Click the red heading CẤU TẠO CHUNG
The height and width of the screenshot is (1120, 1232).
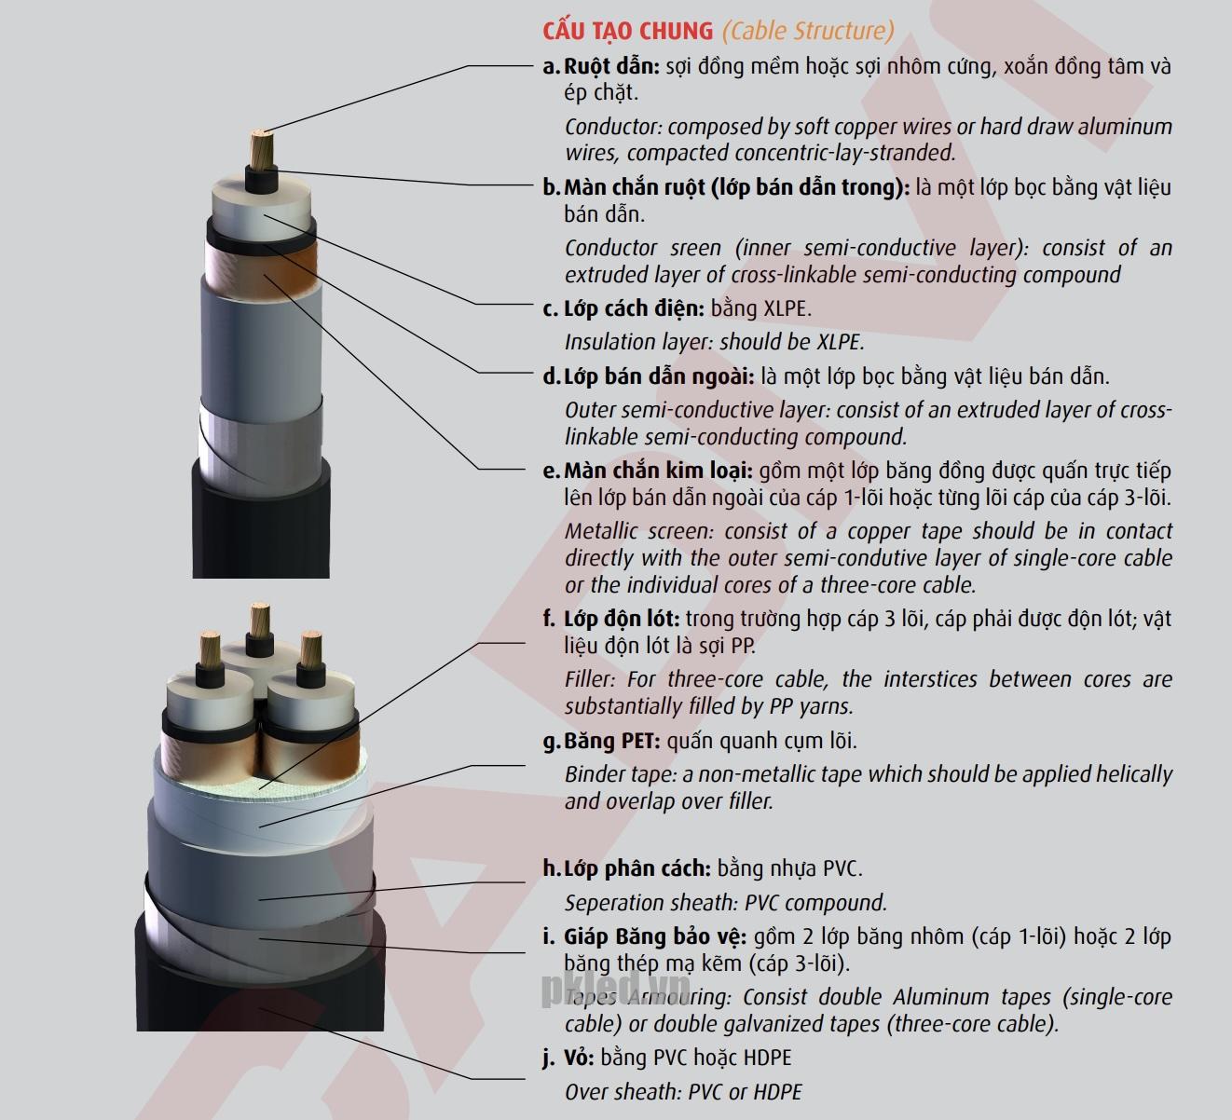(628, 32)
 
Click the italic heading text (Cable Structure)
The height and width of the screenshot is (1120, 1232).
(808, 32)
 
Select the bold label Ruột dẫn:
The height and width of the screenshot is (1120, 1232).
(611, 66)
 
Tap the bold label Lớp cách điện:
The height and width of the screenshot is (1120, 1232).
(635, 308)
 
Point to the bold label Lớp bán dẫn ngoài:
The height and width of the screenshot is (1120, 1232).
(659, 376)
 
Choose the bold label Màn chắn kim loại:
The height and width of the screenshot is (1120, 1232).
(658, 471)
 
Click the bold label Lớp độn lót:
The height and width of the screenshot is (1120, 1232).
(623, 619)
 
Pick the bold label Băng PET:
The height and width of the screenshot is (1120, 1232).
(612, 741)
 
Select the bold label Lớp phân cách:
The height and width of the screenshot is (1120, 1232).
(637, 868)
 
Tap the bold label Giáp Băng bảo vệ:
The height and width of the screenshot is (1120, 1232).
(655, 936)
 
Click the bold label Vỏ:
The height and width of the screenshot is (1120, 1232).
(579, 1058)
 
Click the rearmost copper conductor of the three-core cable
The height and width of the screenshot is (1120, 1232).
(260, 621)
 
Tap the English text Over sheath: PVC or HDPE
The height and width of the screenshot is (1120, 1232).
(683, 1092)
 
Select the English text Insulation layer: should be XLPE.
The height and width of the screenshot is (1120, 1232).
(715, 342)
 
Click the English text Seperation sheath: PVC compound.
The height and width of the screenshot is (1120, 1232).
(726, 903)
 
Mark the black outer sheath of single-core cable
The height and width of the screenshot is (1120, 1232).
(261, 528)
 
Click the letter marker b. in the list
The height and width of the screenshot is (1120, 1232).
(551, 187)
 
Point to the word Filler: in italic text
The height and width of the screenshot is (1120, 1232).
(590, 680)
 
